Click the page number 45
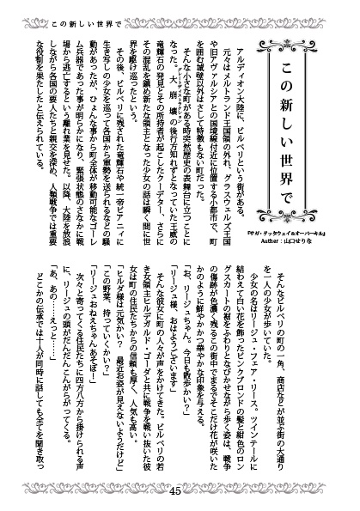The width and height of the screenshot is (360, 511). point(200,492)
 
